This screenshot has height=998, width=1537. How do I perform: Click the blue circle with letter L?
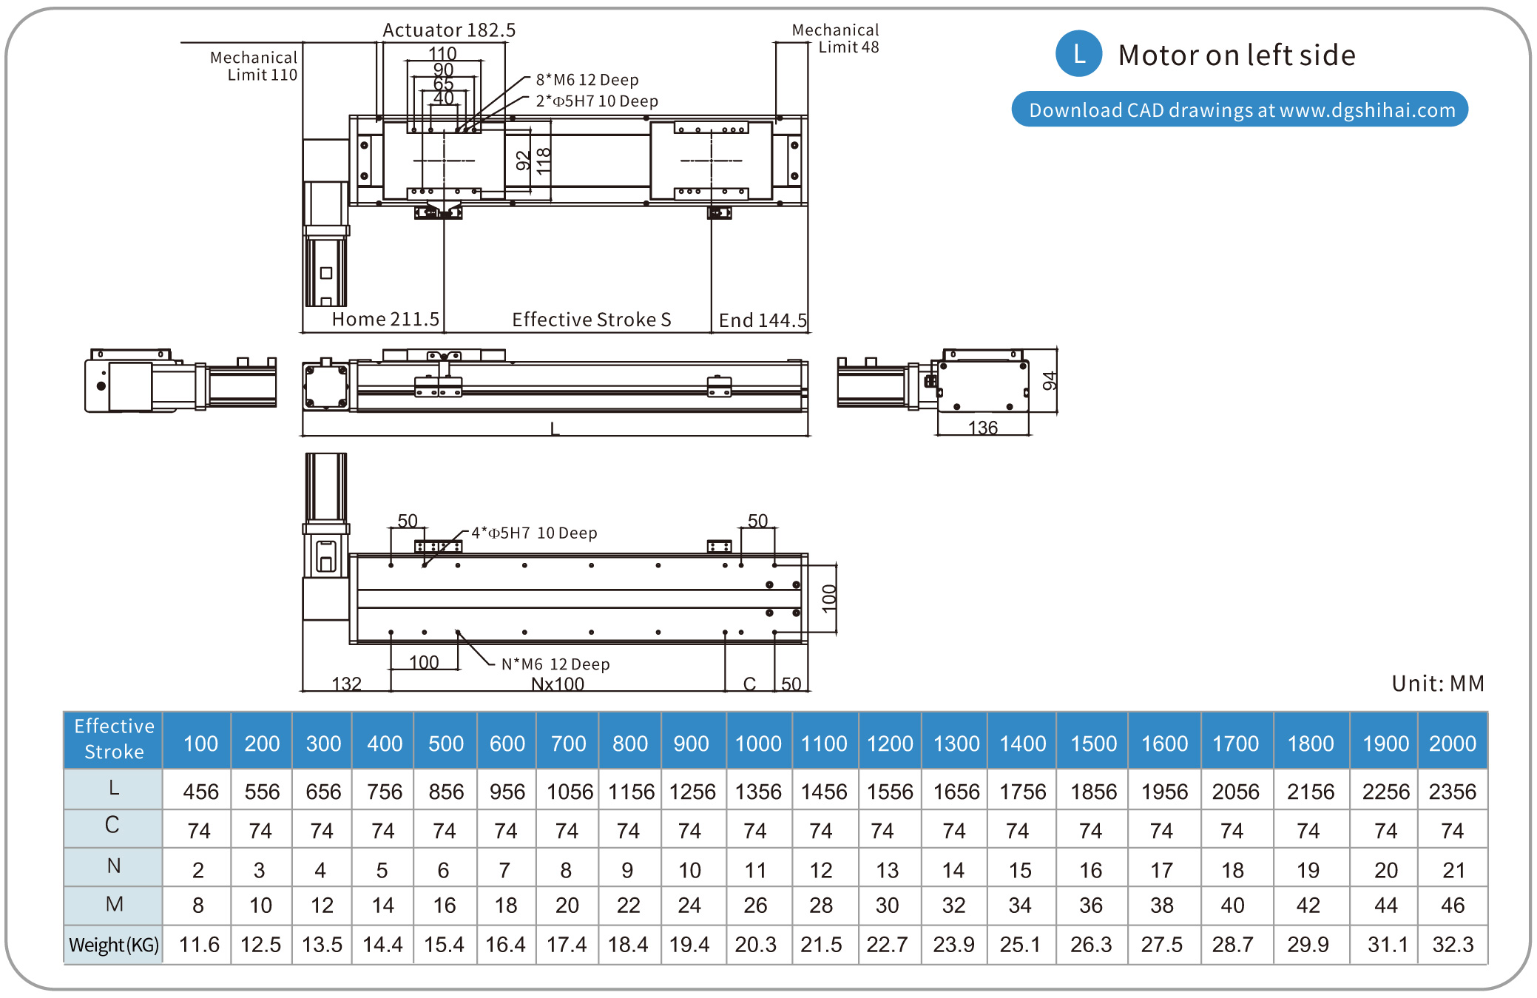[x=1078, y=54]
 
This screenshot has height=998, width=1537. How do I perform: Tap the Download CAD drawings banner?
[x=1240, y=109]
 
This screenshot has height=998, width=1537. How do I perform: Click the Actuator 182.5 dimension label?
[x=448, y=30]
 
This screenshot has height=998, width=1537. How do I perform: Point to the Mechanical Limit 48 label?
[x=836, y=38]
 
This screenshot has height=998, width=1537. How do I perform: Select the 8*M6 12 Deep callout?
[x=587, y=80]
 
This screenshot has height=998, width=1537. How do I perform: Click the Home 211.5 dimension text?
[x=385, y=320]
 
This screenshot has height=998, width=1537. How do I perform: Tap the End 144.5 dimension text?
[x=763, y=320]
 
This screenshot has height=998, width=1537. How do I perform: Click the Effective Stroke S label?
[x=591, y=320]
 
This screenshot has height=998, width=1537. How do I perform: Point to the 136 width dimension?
[x=982, y=428]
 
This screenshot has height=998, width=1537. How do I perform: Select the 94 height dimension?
[x=1049, y=380]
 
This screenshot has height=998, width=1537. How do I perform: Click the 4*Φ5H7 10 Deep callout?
[x=534, y=533]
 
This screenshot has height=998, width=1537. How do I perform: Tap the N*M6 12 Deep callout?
[x=555, y=664]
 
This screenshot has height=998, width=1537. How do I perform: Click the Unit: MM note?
[x=1437, y=684]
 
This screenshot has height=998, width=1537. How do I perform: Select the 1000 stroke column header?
[x=758, y=744]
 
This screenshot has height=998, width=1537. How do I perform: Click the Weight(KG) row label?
[x=114, y=945]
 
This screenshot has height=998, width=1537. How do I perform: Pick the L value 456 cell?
[x=200, y=792]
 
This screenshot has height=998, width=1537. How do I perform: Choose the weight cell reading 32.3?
[x=1452, y=945]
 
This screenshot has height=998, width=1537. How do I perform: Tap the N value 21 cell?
[x=1453, y=870]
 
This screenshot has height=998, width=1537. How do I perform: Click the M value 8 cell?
[x=198, y=906]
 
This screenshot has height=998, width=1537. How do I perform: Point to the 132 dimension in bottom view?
[x=346, y=684]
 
